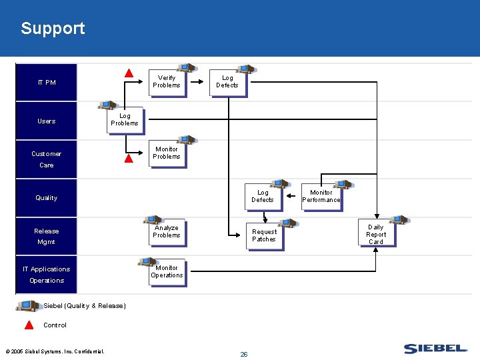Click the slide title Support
(53, 28)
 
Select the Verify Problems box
(166, 82)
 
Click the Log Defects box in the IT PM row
(227, 82)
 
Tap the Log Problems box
(125, 120)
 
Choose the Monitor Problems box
(167, 153)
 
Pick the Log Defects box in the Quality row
(263, 197)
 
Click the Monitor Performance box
(321, 197)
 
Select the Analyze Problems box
(167, 232)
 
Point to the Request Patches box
(264, 236)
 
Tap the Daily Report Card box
(376, 235)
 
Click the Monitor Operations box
(167, 272)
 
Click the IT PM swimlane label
(47, 83)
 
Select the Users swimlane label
(47, 121)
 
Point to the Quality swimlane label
(47, 198)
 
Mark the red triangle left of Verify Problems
(129, 73)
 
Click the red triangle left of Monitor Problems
(129, 159)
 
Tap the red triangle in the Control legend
(29, 325)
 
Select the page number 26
(243, 354)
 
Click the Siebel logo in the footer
(435, 349)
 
